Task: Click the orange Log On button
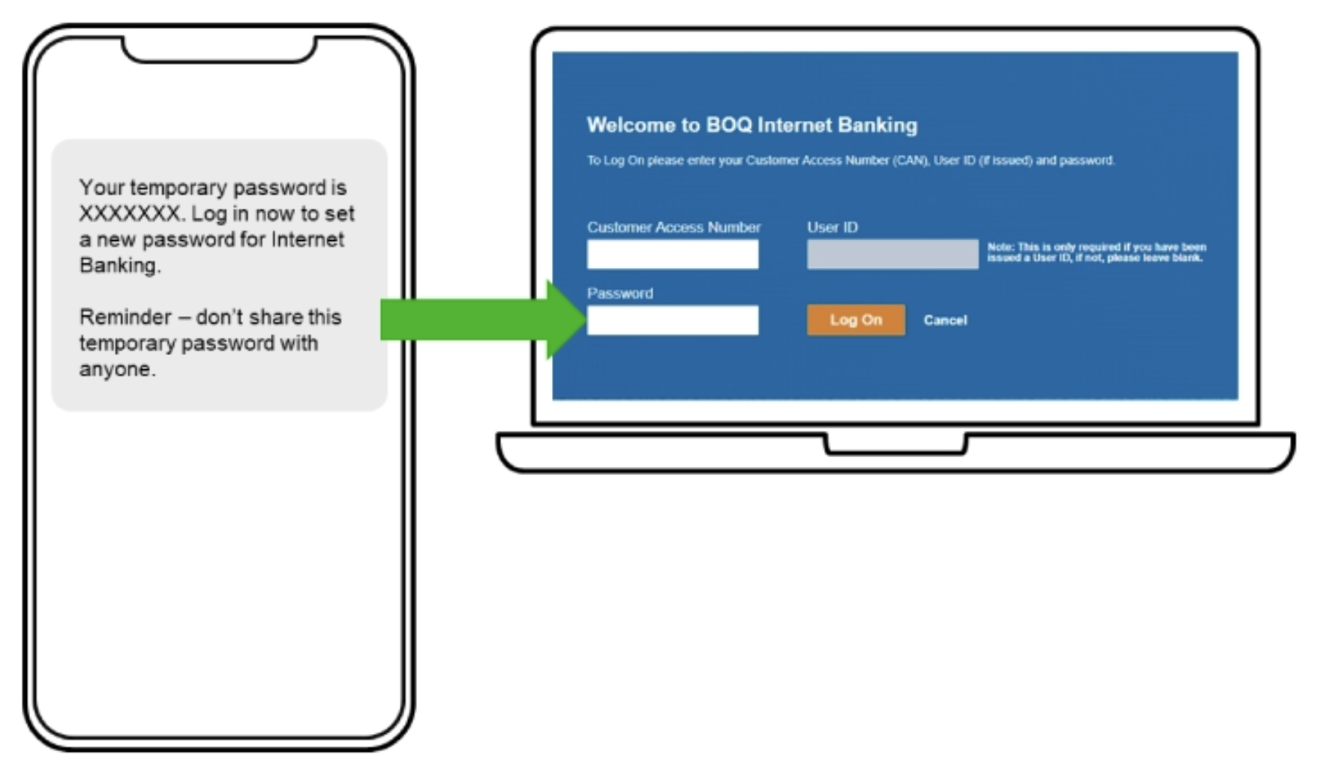(x=856, y=320)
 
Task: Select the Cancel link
(x=945, y=320)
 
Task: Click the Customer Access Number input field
(x=673, y=254)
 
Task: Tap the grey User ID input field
(x=892, y=254)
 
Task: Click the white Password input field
(x=673, y=320)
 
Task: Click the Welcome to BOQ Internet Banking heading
(x=751, y=125)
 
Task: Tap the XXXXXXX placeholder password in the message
(x=128, y=214)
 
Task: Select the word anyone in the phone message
(x=115, y=369)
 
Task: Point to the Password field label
(x=619, y=293)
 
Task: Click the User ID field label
(x=832, y=227)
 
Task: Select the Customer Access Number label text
(x=673, y=227)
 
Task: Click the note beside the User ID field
(x=1096, y=252)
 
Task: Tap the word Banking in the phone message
(x=118, y=266)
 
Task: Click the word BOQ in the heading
(x=729, y=125)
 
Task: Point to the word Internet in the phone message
(x=307, y=239)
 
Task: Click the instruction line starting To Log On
(x=850, y=161)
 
